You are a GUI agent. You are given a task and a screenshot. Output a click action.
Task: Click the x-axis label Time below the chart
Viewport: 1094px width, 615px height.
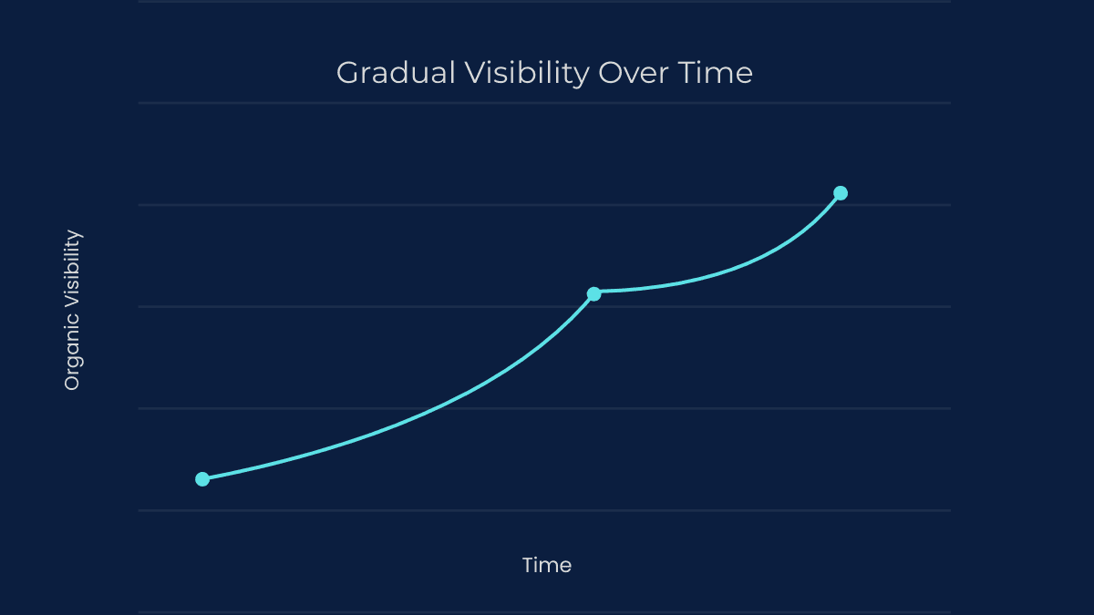(x=547, y=565)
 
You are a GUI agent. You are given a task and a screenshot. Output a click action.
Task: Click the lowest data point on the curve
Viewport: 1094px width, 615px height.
(x=202, y=479)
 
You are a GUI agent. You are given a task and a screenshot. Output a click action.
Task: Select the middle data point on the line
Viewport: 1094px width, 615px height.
(x=593, y=293)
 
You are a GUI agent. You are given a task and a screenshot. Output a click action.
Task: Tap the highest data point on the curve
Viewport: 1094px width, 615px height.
(x=841, y=193)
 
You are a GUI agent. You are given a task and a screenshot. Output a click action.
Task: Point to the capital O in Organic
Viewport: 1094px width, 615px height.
(x=72, y=383)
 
